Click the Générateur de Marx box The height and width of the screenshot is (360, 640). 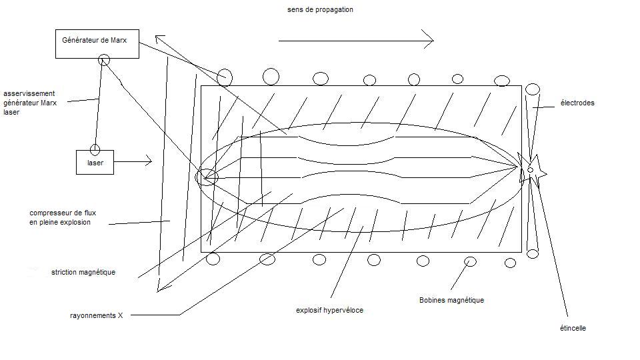point(97,43)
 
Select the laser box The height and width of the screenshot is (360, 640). point(95,162)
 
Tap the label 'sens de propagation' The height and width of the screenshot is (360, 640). point(320,10)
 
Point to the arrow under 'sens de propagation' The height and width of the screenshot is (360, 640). point(356,41)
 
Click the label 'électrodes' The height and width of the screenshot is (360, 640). point(577,103)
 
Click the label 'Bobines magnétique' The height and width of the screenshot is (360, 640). point(451,301)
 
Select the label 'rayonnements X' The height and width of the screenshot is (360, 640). point(97,315)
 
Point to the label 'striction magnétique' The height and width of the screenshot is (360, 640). point(83,272)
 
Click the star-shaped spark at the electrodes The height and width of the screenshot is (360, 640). point(533,170)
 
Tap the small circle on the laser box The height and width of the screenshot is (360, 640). point(95,149)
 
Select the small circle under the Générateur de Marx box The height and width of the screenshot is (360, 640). point(104,60)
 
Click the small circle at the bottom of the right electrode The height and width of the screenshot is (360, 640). point(532,253)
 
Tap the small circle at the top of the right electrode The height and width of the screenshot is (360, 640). point(532,89)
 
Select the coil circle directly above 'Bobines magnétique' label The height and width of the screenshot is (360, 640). point(470,261)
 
